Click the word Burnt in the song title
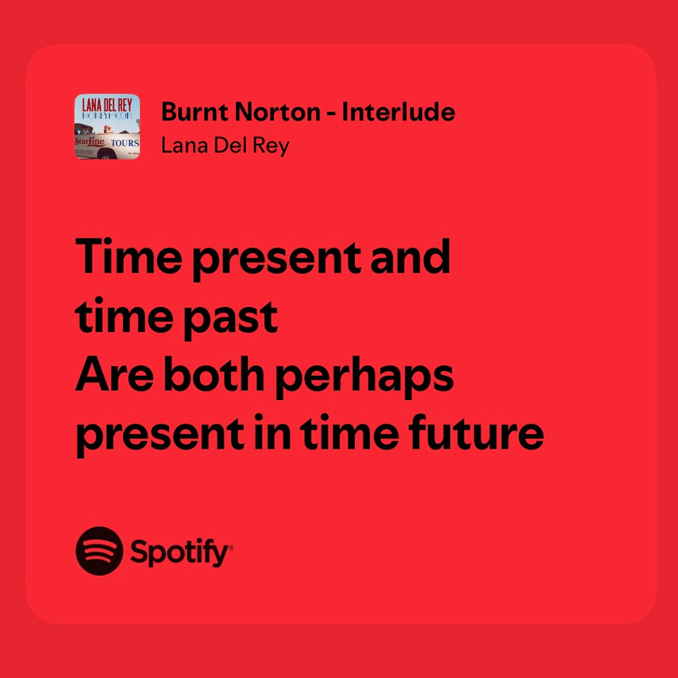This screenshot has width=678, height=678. click(194, 112)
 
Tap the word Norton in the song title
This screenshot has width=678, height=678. click(278, 112)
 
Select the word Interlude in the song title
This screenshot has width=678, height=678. click(398, 111)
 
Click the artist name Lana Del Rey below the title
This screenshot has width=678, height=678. click(225, 146)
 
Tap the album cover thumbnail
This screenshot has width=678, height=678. click(107, 127)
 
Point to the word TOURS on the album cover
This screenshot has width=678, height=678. click(125, 142)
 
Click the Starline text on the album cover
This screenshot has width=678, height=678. click(89, 141)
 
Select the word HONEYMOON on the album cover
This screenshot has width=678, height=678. click(107, 115)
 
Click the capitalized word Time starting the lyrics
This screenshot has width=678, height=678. click(128, 256)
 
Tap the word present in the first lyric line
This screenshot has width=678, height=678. click(277, 260)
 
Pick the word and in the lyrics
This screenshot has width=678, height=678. click(410, 256)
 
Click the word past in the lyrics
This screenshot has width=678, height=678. click(231, 319)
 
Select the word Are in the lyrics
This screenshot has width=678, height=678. click(115, 374)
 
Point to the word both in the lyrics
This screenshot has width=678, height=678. click(214, 374)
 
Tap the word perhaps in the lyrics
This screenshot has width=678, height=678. click(364, 378)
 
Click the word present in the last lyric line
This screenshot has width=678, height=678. click(160, 436)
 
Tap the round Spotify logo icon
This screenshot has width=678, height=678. click(100, 551)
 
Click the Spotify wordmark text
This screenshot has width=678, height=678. click(181, 552)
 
